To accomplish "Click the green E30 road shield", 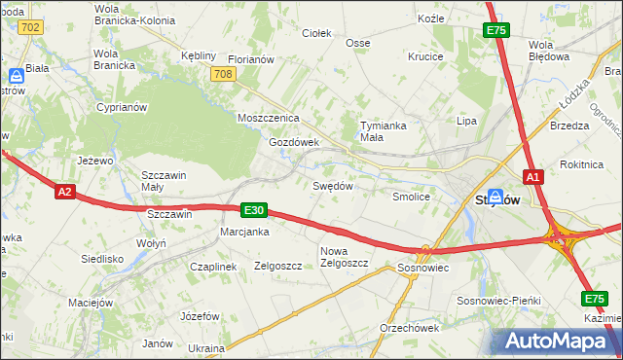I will tap(253, 210).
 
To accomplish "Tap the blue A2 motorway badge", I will tap(65, 193).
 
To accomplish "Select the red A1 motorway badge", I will tap(532, 177).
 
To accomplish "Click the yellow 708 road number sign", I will tap(224, 74).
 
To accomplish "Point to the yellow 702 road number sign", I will tap(30, 26).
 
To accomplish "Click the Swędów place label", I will tap(331, 186).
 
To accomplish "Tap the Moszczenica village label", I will tap(268, 118).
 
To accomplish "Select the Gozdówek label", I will tap(294, 142).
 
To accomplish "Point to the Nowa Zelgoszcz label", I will tap(344, 257).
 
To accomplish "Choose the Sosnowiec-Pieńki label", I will tap(498, 302).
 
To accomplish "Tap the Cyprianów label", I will tap(121, 107).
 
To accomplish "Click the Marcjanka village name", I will tap(244, 233).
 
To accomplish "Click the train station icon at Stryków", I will tap(495, 197).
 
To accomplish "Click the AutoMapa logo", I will tap(558, 342).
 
